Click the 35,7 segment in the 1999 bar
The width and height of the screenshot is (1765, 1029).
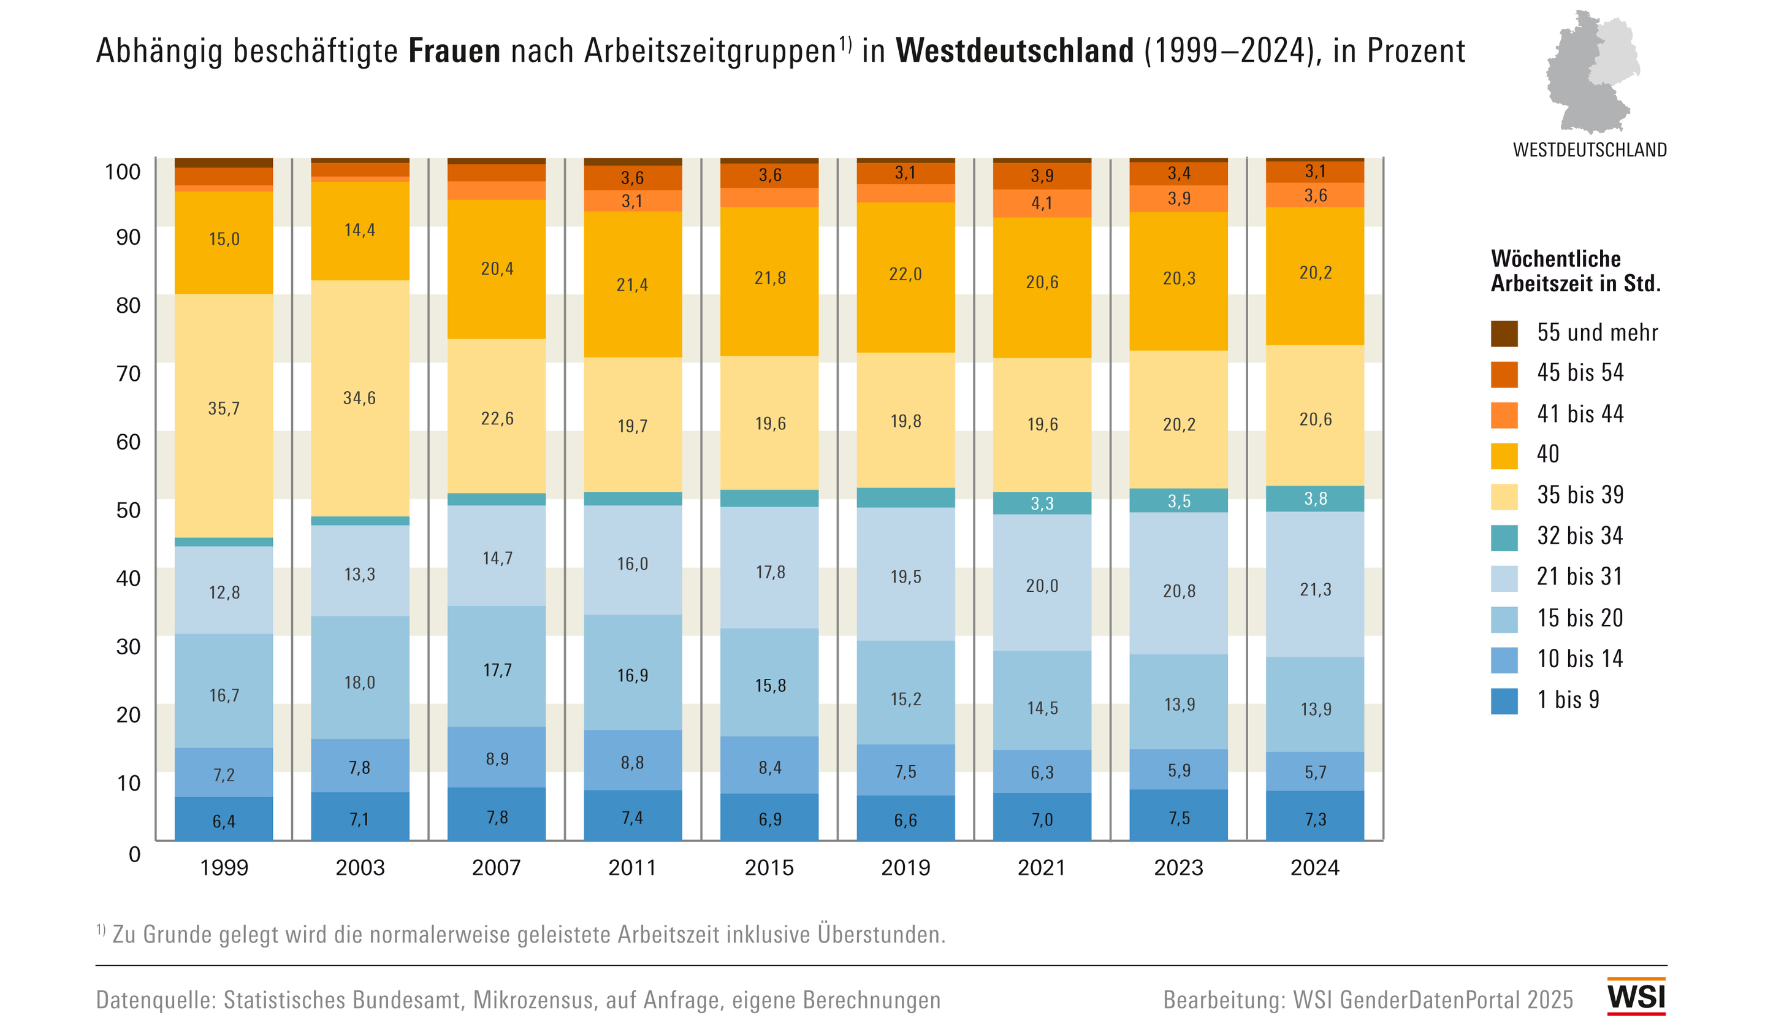click(224, 409)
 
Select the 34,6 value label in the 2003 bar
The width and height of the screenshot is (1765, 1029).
click(359, 399)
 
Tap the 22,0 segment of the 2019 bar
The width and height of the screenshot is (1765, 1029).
click(905, 275)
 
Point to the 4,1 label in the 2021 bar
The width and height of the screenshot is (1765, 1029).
click(1042, 204)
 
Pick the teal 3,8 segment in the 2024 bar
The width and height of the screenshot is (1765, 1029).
click(1316, 499)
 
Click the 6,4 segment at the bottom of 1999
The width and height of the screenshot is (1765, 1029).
click(224, 821)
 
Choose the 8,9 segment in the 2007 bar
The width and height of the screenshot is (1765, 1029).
click(497, 759)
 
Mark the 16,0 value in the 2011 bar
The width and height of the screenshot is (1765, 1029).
click(633, 564)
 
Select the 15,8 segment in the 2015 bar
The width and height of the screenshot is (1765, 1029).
click(770, 685)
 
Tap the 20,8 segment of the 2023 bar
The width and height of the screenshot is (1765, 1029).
click(1180, 591)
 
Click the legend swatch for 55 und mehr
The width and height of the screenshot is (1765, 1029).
click(1504, 334)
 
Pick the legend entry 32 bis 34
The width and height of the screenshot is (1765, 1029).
click(1579, 536)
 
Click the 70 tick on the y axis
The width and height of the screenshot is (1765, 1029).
click(128, 373)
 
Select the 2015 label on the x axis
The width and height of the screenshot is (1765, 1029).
click(769, 868)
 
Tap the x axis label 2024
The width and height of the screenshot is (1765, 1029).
click(1314, 868)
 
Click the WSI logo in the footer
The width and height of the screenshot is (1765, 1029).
click(1636, 996)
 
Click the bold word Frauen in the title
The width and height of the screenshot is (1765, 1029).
click(454, 51)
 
